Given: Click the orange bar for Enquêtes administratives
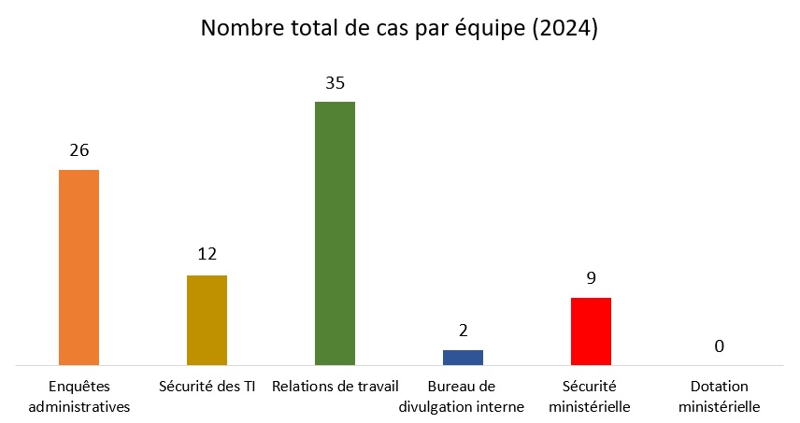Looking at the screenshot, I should coord(79,267).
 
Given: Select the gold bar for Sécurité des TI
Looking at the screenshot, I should coord(207,319).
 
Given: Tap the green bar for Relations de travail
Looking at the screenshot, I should coord(335,233).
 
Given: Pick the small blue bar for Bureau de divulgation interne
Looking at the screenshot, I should coord(463,357).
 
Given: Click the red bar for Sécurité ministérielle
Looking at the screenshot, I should coord(591,331).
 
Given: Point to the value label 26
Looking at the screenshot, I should coord(79,150).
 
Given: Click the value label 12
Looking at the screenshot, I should coord(207,255).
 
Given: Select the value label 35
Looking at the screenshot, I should coord(335,82).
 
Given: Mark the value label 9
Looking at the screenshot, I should coord(591,277).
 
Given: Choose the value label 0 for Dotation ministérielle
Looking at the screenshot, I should coord(719,346).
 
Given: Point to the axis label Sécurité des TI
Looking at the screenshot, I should coord(207,386).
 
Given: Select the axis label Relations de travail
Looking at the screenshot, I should coord(335,386).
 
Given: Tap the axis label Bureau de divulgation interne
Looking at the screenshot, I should coord(462,396).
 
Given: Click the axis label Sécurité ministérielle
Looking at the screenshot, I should coord(590,396).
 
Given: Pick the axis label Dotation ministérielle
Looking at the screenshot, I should coord(719,396).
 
